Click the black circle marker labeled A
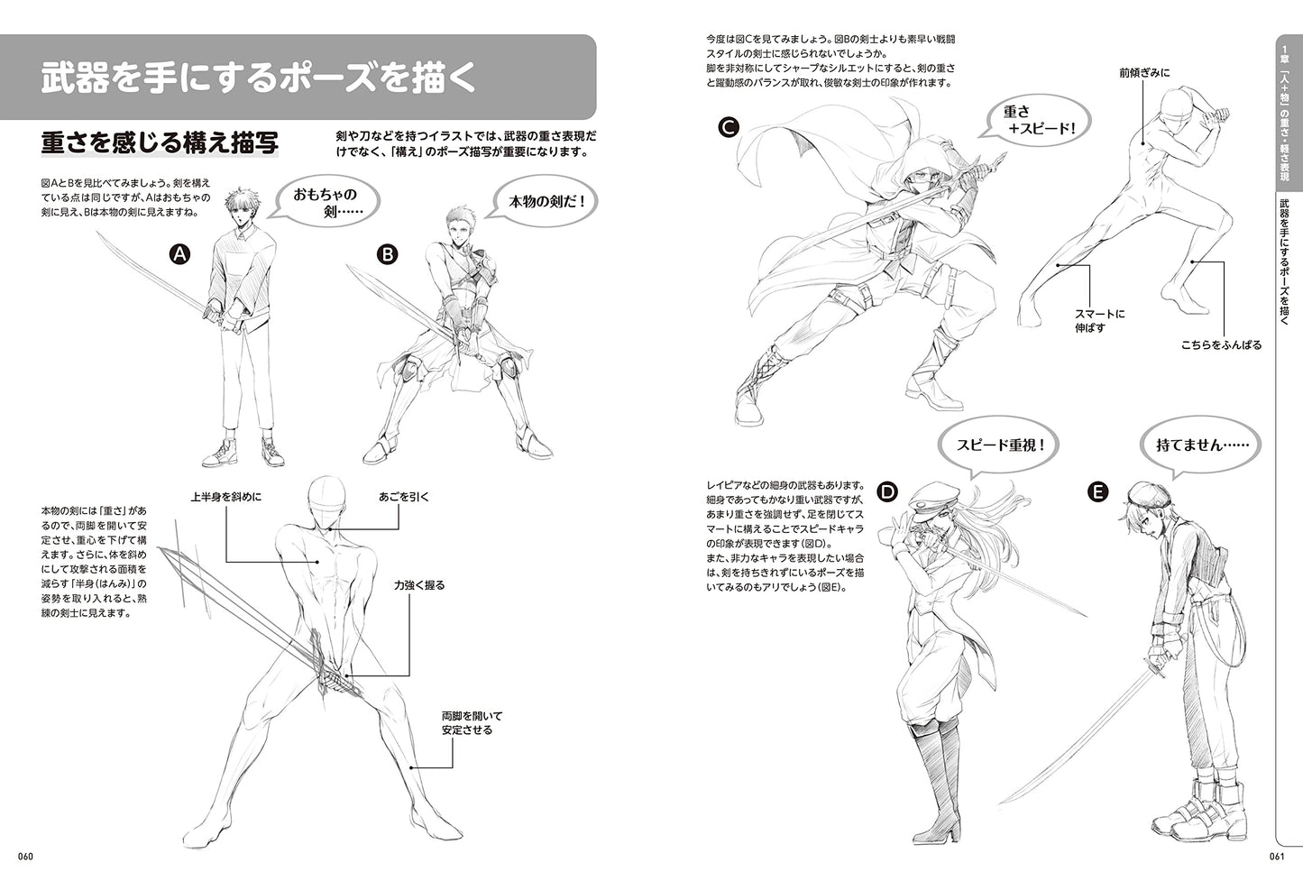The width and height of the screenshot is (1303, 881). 179,254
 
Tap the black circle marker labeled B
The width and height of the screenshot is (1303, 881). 388,254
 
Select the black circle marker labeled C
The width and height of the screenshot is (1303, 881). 729,126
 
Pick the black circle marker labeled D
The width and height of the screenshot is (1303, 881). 887,492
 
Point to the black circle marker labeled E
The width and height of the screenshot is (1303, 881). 1097,492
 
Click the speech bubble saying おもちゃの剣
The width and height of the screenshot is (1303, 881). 326,201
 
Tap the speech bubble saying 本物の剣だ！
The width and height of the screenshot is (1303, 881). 544,201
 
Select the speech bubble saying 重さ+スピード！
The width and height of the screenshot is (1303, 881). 1037,120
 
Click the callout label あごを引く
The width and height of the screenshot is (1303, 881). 404,497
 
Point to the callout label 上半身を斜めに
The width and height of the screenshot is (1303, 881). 226,497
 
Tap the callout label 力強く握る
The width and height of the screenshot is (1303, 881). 418,585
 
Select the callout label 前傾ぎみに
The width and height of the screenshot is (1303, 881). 1144,73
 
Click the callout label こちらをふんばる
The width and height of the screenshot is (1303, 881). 1221,344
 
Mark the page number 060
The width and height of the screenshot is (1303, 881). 25,856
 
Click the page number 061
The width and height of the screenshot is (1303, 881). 1276,856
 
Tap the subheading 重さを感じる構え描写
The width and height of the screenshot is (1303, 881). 160,143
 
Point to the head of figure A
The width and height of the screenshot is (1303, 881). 241,208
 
